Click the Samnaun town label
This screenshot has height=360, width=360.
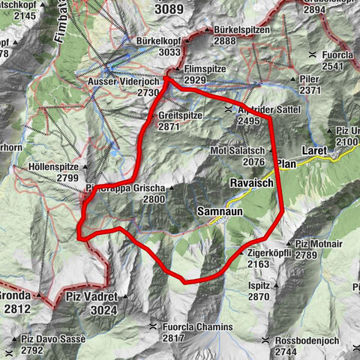coord(217,212)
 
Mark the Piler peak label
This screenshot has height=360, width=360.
coord(310,79)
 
